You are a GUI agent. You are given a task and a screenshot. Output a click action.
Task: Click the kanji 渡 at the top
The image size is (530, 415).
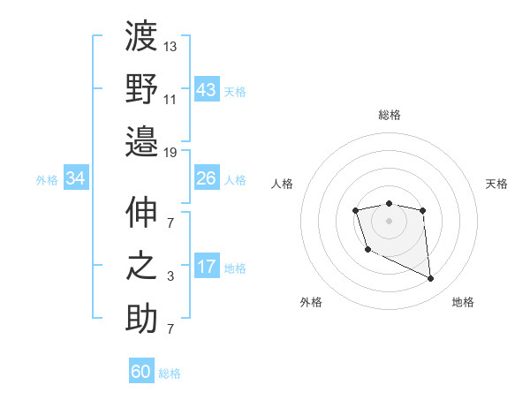pyautogui.click(x=141, y=37)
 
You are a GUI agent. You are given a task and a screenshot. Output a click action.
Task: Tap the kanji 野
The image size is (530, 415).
pyautogui.click(x=141, y=88)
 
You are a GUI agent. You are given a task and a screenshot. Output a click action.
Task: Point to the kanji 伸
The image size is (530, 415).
pyautogui.click(x=141, y=215)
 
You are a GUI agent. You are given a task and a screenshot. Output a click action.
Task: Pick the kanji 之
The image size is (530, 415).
pyautogui.click(x=141, y=266)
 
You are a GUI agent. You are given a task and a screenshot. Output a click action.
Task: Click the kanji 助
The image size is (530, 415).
pyautogui.click(x=141, y=318)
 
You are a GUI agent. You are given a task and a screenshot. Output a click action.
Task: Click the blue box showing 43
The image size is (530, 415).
pyautogui.click(x=207, y=89)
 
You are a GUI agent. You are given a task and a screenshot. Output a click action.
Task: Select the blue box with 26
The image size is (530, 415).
pyautogui.click(x=207, y=178)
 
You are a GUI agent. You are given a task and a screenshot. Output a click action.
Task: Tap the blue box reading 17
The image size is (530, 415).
pyautogui.click(x=207, y=267)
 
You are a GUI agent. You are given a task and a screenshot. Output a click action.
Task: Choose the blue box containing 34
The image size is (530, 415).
pyautogui.click(x=76, y=179)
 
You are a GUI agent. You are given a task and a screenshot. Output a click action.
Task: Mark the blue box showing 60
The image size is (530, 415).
pyautogui.click(x=141, y=372)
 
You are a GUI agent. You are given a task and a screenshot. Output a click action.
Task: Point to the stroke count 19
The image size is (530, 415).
pyautogui.click(x=170, y=152)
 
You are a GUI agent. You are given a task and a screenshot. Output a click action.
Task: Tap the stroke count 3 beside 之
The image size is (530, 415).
pyautogui.click(x=170, y=277)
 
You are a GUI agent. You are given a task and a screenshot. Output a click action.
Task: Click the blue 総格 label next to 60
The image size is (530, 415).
pyautogui.click(x=170, y=373)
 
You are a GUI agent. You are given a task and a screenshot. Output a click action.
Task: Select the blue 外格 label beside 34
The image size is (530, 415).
pyautogui.click(x=47, y=180)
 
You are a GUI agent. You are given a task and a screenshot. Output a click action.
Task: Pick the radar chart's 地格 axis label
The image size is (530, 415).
pyautogui.click(x=463, y=302)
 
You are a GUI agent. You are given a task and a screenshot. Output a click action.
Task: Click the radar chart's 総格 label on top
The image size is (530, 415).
pyautogui.click(x=389, y=115)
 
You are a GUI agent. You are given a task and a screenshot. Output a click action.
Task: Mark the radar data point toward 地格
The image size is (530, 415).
pyautogui.click(x=431, y=279)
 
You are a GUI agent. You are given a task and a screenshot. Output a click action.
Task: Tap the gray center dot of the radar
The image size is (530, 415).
pyautogui.click(x=389, y=220)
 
